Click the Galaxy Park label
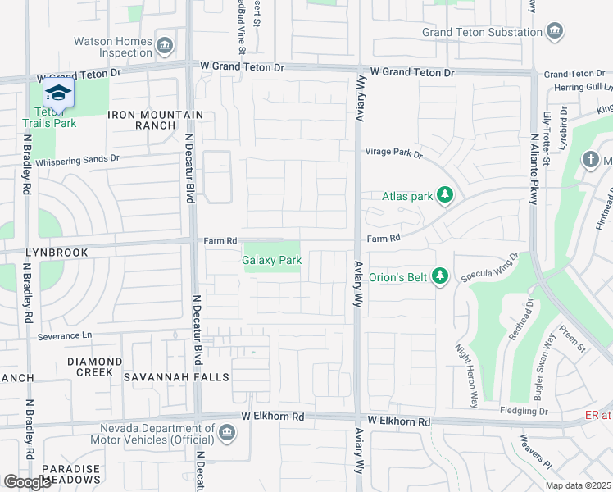click(272, 261)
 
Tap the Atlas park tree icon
click(445, 195)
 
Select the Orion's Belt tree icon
click(440, 276)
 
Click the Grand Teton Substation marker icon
click(555, 32)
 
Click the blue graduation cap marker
click(58, 93)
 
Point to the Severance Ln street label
click(66, 336)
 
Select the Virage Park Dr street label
click(393, 153)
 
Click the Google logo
click(27, 482)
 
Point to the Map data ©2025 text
click(577, 485)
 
